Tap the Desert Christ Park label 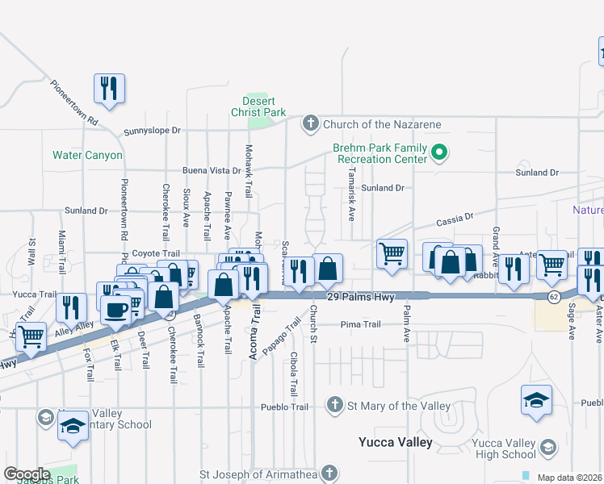click(x=258, y=106)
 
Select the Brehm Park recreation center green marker click(x=439, y=151)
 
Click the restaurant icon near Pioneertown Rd click(x=109, y=88)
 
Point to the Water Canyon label click(x=87, y=155)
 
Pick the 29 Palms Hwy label click(x=361, y=297)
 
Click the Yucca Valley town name click(x=396, y=442)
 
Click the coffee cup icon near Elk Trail click(x=115, y=307)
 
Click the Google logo click(x=27, y=474)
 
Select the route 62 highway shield click(x=553, y=297)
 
